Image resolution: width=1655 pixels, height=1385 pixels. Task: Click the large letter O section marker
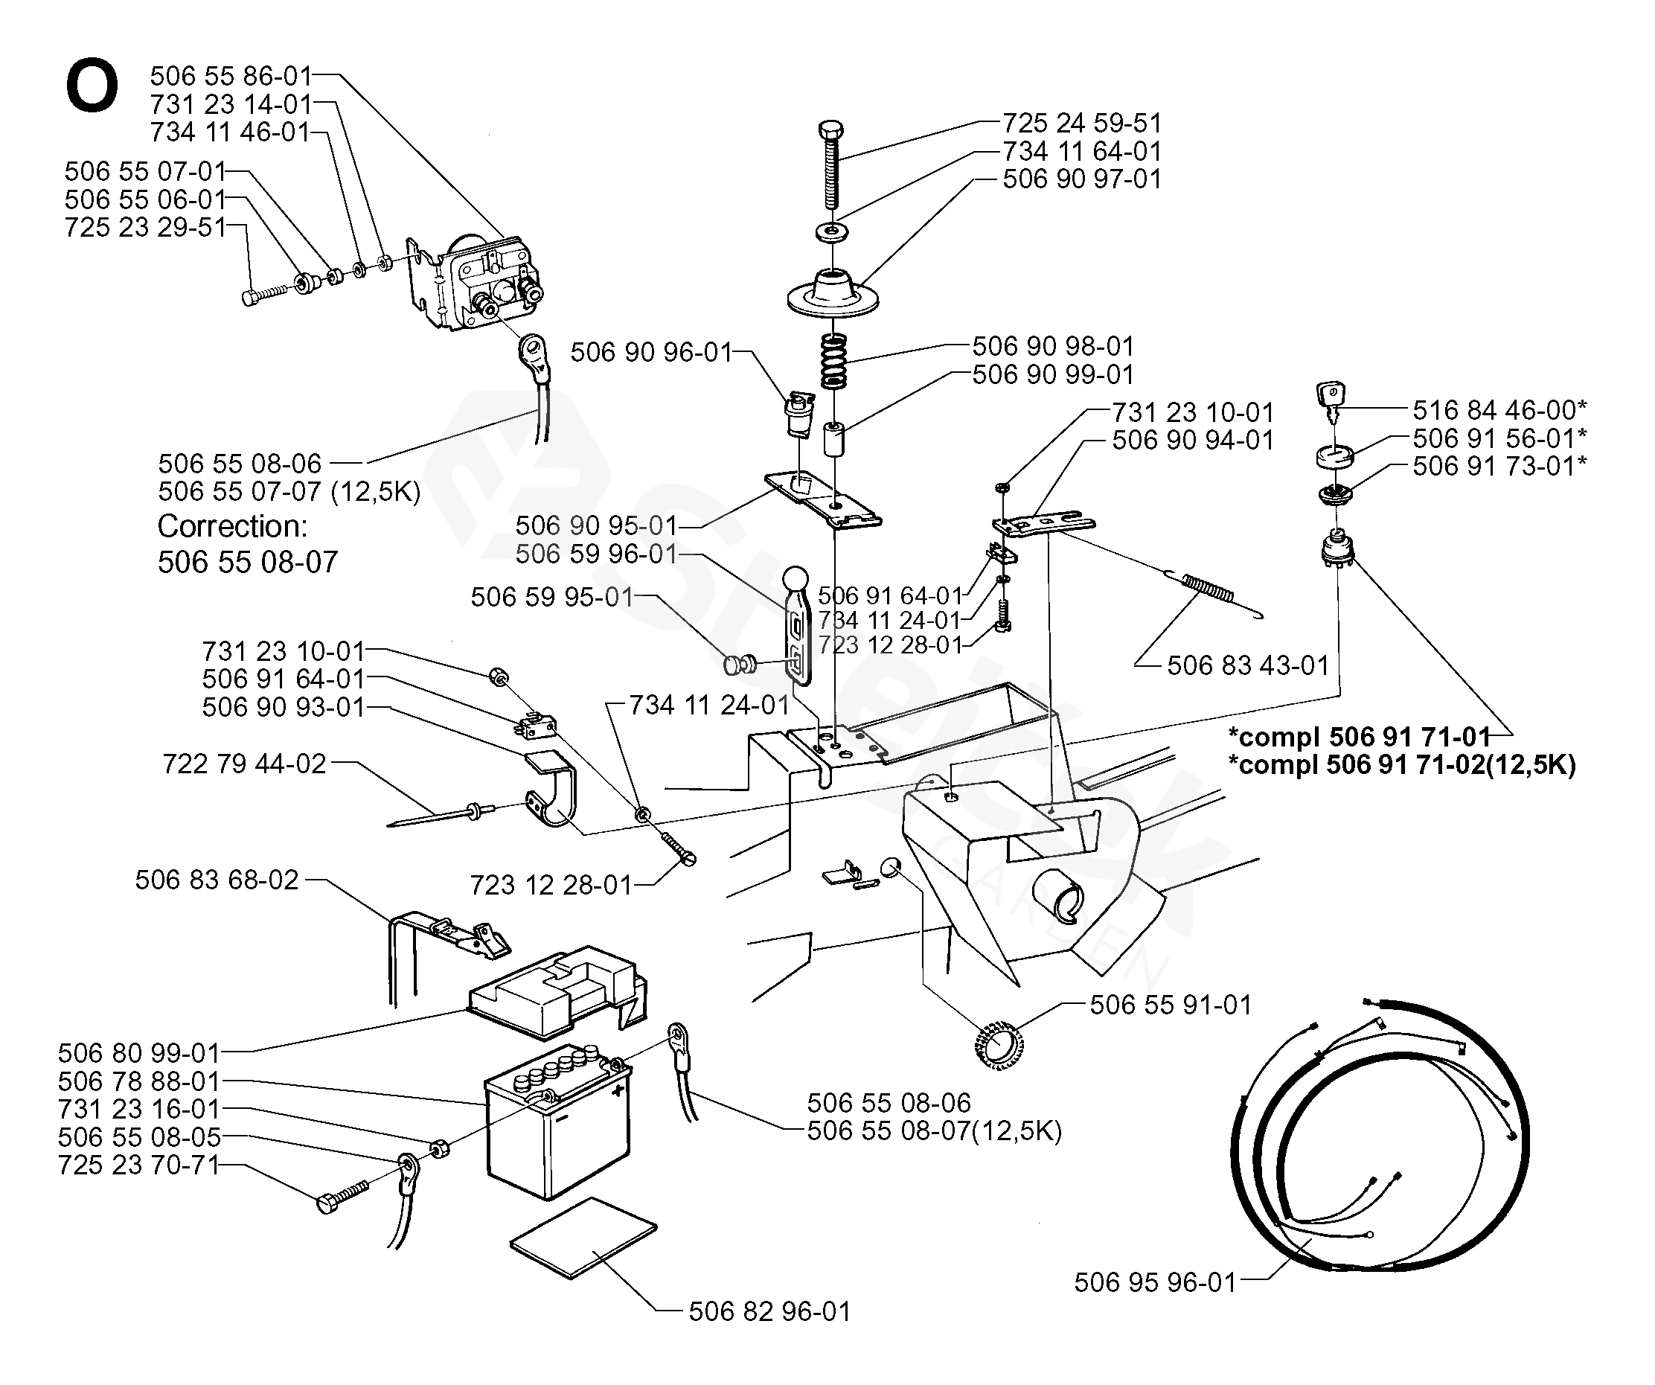pos(92,87)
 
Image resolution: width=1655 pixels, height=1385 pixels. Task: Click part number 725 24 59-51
pos(1081,123)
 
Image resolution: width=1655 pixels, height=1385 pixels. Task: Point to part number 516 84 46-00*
pos(1499,410)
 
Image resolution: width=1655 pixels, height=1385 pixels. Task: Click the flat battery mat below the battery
pos(583,1238)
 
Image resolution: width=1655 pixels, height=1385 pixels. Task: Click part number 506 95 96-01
pos(1156,1282)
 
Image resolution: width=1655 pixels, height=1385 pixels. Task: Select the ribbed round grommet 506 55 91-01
pos(1000,1046)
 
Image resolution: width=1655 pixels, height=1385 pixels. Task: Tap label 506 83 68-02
pos(217,879)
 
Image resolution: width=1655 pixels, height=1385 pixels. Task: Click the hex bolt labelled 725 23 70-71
pos(342,1196)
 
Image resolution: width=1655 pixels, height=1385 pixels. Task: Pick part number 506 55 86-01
pos(231,76)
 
